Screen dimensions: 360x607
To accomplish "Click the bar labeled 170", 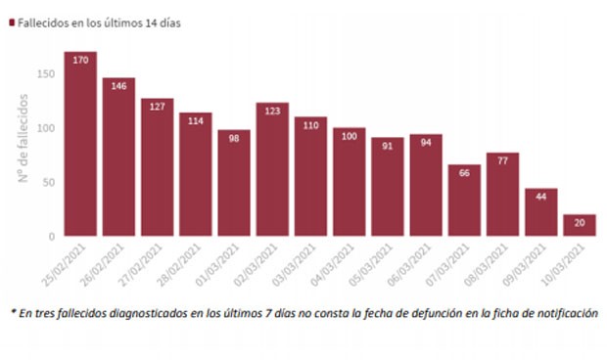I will coord(80,147).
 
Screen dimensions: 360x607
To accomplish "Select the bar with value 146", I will coord(118,161).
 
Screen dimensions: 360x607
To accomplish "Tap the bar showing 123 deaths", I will coord(272,171).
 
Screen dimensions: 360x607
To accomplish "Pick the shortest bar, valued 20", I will coord(580,225).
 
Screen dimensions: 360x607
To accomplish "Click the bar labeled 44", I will coord(541,214).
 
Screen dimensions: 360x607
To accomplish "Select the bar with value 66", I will coord(464,202).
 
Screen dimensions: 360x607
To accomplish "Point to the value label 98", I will coord(234,137).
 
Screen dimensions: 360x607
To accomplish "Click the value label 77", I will coord(502,159).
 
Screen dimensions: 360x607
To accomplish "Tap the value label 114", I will coord(196,120).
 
